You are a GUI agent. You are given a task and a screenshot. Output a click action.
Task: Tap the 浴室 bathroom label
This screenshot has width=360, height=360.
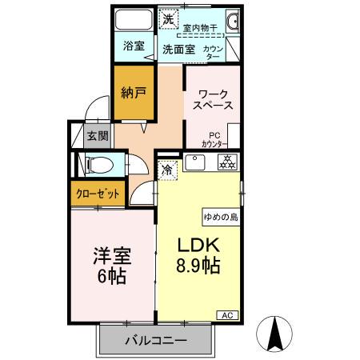(134, 46)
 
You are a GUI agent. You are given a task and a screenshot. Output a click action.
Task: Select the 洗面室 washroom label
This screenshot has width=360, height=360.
(179, 49)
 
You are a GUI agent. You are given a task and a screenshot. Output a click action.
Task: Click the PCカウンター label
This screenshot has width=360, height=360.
(214, 139)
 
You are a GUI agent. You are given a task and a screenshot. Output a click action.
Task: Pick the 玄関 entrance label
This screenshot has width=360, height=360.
(98, 135)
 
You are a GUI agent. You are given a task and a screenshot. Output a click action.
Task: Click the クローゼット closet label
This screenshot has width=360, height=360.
(98, 194)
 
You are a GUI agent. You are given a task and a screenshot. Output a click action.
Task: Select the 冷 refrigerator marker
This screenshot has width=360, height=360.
(169, 170)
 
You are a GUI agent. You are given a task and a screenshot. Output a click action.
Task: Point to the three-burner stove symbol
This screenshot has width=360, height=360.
(227, 163)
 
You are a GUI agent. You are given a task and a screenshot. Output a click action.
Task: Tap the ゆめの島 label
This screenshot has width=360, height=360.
(220, 215)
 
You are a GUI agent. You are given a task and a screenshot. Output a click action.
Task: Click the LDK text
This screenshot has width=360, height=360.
(198, 245)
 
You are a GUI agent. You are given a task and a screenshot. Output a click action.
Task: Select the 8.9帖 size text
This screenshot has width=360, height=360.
(198, 266)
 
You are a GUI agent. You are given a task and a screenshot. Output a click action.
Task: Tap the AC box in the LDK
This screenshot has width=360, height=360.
(226, 314)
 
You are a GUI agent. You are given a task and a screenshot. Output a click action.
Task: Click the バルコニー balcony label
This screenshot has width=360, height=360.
(156, 341)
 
